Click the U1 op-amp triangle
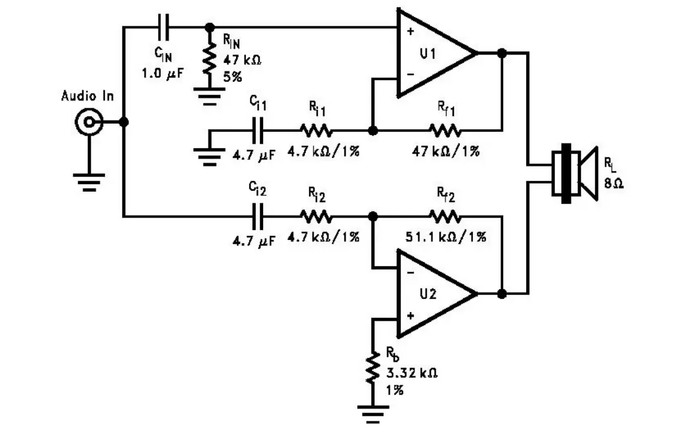[436, 53]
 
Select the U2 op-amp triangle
[436, 294]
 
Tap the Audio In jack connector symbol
[89, 122]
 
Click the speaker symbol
[575, 173]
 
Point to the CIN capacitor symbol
[163, 28]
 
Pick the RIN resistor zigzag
[209, 58]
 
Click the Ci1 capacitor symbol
[258, 130]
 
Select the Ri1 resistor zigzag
[316, 130]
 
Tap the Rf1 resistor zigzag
[445, 130]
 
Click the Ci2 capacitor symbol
[258, 216]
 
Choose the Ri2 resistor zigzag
[316, 216]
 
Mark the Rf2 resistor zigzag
[445, 216]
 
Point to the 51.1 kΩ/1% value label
[445, 237]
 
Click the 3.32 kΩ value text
[412, 372]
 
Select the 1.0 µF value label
[163, 73]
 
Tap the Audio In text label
[87, 96]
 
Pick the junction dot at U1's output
[501, 53]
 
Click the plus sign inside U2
[411, 315]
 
